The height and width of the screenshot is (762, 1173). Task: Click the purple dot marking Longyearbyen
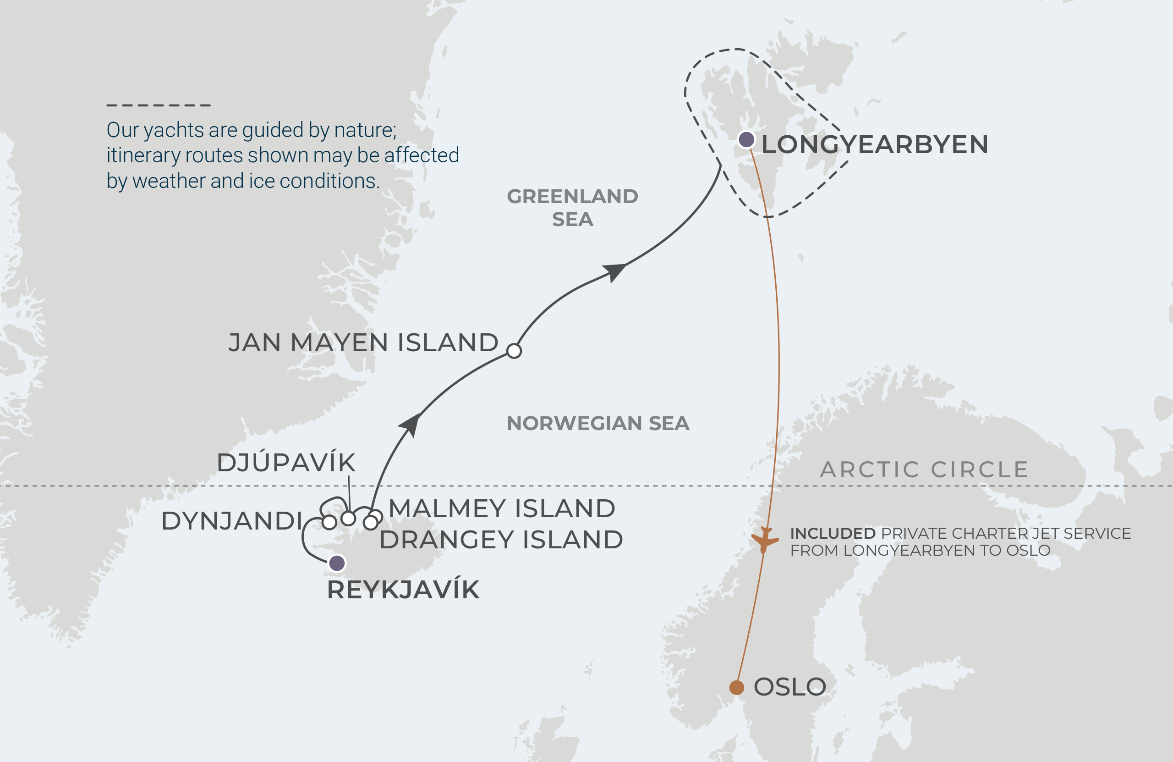747,139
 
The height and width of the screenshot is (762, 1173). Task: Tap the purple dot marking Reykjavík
337,563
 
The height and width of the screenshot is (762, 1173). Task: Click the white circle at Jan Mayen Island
514,351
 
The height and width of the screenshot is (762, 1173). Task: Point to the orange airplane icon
764,540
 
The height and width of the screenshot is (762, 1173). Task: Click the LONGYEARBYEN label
875,144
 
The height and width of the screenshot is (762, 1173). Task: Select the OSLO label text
789,687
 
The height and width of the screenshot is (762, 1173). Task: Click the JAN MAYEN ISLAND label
363,342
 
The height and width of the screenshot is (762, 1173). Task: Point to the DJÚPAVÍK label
286,463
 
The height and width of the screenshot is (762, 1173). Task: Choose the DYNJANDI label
232,521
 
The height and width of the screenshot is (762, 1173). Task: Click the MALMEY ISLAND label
502,508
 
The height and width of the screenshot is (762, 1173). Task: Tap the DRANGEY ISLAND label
501,540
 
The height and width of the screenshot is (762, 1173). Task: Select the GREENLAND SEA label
572,208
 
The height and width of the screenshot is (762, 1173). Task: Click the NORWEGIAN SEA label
598,423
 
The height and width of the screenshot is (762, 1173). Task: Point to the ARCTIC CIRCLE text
924,469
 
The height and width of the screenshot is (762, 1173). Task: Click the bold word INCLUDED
833,533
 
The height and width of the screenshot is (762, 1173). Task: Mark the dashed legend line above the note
159,105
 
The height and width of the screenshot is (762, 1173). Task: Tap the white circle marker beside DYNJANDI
329,522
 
